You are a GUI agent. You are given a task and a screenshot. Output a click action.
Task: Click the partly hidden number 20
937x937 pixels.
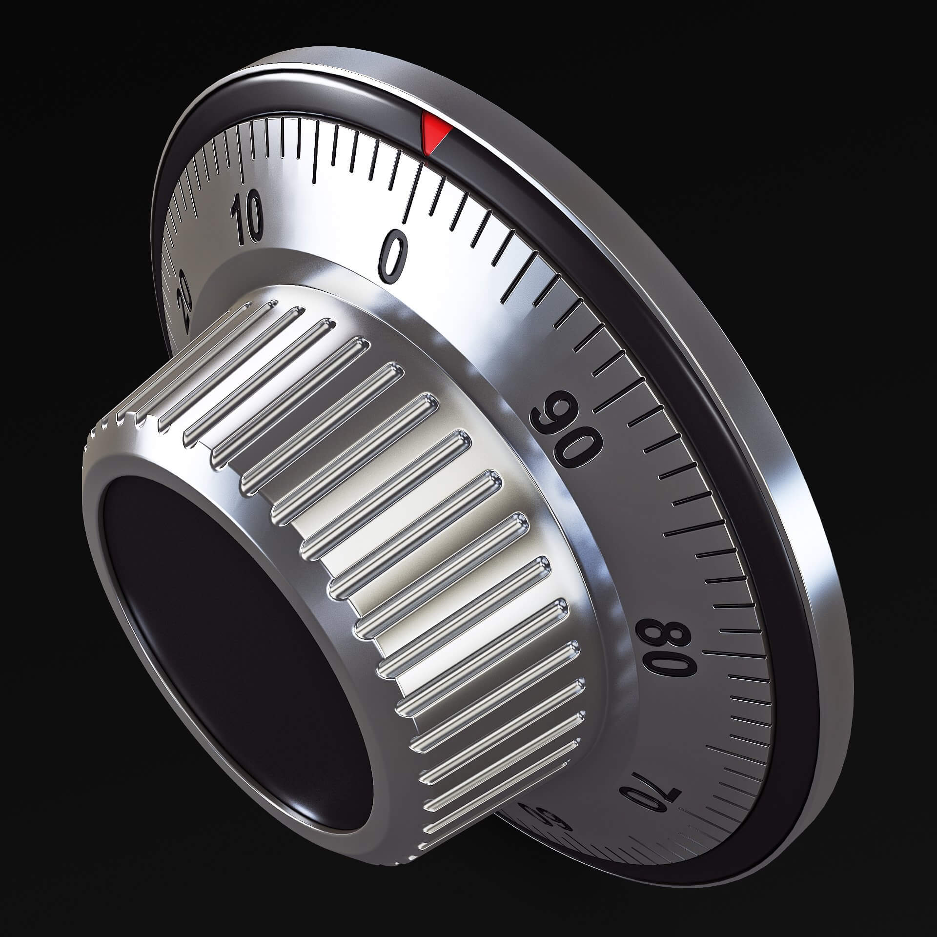click(x=186, y=303)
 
